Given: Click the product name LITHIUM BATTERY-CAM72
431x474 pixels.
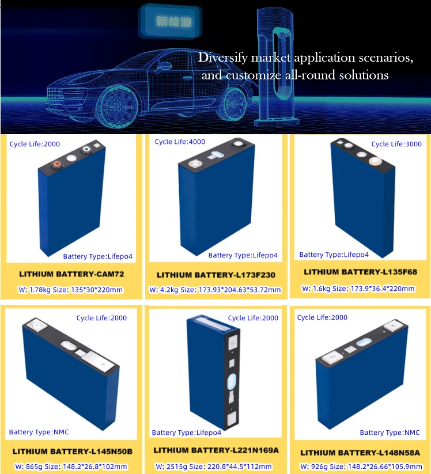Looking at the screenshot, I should coord(71,274).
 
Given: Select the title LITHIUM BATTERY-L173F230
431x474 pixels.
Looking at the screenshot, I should coord(214,275).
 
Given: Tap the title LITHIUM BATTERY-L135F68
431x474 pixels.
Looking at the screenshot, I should coord(359,271).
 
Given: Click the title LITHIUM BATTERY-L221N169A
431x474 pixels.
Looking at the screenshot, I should coord(215,449).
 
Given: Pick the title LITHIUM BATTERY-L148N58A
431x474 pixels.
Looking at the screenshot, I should coord(360,453).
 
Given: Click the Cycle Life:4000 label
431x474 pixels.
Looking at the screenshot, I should coord(180,142).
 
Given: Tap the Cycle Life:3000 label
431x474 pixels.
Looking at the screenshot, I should coord(396,144).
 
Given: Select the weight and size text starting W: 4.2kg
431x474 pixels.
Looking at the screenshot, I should coord(215,290).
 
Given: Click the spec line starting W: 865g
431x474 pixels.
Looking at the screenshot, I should coord(71,467).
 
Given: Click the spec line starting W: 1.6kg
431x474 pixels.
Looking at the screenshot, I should coord(359,289).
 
